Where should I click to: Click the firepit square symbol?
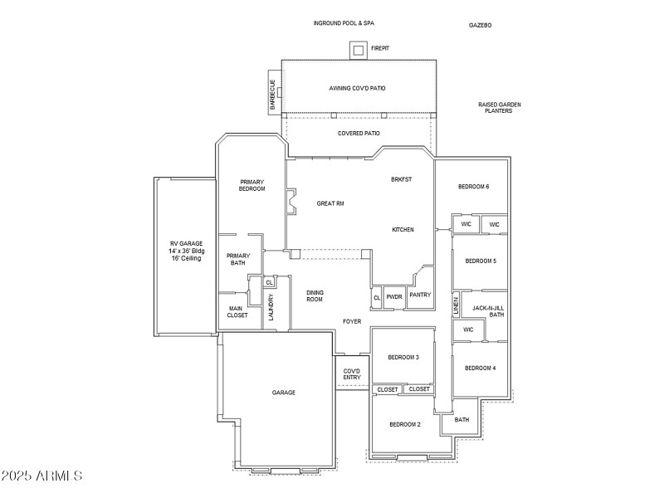pyautogui.click(x=358, y=51)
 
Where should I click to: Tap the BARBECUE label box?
pyautogui.click(x=272, y=93)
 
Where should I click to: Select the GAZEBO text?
pyautogui.click(x=480, y=26)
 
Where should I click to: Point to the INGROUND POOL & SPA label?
pyautogui.click(x=344, y=23)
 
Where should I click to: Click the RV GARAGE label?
pyautogui.click(x=185, y=251)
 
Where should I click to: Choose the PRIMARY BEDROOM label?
pyautogui.click(x=252, y=185)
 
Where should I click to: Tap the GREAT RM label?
pyautogui.click(x=330, y=203)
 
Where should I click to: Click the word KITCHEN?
pyautogui.click(x=403, y=230)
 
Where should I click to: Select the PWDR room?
pyautogui.click(x=394, y=296)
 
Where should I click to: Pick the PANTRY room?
pyautogui.click(x=419, y=295)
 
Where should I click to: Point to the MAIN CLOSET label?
pyautogui.click(x=237, y=311)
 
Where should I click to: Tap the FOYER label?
pyautogui.click(x=352, y=321)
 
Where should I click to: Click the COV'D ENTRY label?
pyautogui.click(x=352, y=374)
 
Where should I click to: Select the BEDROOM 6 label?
pyautogui.click(x=473, y=187)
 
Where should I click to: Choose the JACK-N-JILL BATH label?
pyautogui.click(x=488, y=311)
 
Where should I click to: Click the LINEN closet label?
pyautogui.click(x=456, y=305)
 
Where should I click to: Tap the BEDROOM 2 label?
pyautogui.click(x=405, y=424)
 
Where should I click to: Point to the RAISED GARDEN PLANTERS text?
pyautogui.click(x=499, y=107)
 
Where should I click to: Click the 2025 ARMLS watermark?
pyautogui.click(x=41, y=476)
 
